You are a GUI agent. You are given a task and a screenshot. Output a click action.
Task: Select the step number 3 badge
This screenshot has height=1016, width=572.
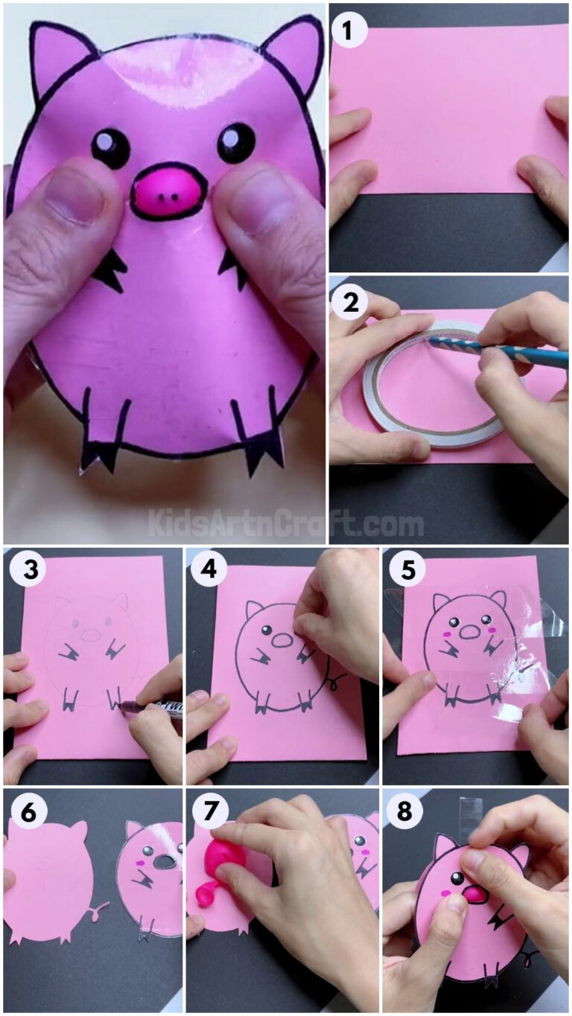point(28,570)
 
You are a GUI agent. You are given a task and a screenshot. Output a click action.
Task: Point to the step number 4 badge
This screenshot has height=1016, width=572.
point(209,570)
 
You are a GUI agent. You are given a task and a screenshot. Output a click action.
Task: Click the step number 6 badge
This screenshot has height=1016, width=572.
point(28,813)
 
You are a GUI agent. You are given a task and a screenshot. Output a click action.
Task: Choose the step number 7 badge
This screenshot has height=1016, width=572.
point(209,813)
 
